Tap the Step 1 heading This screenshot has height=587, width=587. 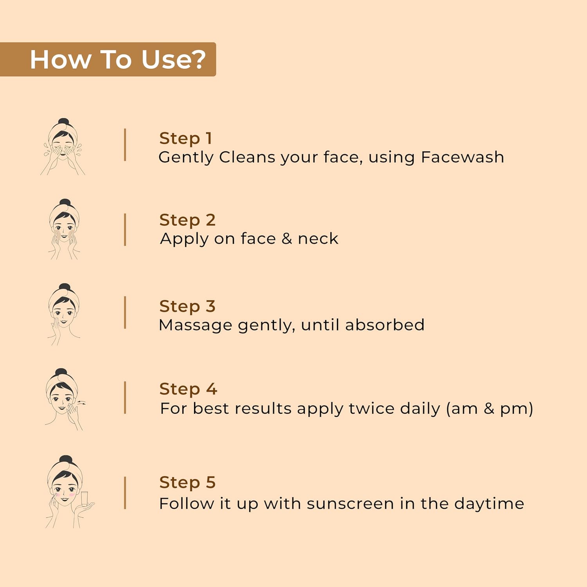185,139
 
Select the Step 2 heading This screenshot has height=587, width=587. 187,220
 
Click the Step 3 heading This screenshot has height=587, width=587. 187,306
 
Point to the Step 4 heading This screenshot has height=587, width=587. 188,389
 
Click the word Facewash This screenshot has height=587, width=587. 463,157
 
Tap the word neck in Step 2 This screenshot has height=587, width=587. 318,239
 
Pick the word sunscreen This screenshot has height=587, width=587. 350,504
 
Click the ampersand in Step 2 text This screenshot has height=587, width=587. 287,239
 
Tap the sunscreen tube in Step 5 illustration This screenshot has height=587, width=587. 84,499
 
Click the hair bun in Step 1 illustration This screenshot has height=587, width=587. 63,122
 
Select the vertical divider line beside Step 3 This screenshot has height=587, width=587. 125,312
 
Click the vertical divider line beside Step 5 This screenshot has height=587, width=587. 125,493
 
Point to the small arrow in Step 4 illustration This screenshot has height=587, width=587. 81,402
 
